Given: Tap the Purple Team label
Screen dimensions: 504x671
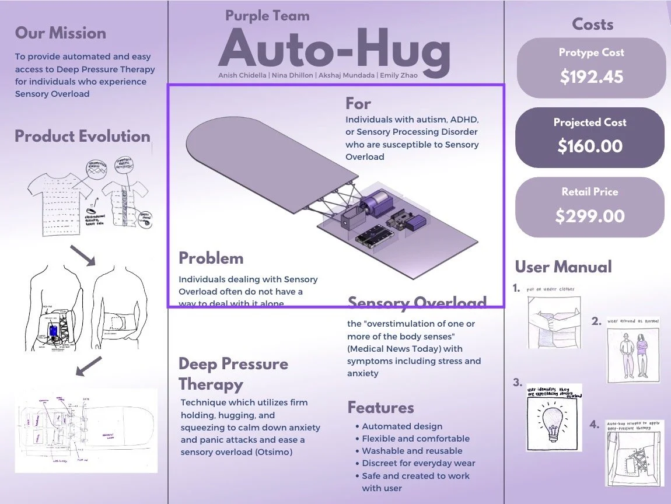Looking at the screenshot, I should coord(267,16).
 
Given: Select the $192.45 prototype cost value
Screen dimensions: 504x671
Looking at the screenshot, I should coord(591,76).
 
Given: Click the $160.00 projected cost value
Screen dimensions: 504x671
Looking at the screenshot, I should coord(590,146).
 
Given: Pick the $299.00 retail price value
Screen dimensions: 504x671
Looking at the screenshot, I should coord(590,216).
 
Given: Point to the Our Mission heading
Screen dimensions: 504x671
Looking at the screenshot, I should coord(61,33).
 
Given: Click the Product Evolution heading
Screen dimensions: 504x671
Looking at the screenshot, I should coord(82,136).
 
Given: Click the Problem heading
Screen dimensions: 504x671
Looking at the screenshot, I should coord(211,258).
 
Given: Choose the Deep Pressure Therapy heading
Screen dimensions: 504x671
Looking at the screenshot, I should coord(233,374).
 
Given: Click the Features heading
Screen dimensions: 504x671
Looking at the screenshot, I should coord(380,407).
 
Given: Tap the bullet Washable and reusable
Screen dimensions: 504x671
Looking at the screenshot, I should coord(412,451).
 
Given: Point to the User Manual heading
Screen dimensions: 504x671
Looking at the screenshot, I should coord(563,267).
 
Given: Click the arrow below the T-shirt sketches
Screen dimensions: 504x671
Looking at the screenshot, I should coord(83,254).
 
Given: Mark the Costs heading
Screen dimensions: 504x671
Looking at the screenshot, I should coord(592,24).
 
